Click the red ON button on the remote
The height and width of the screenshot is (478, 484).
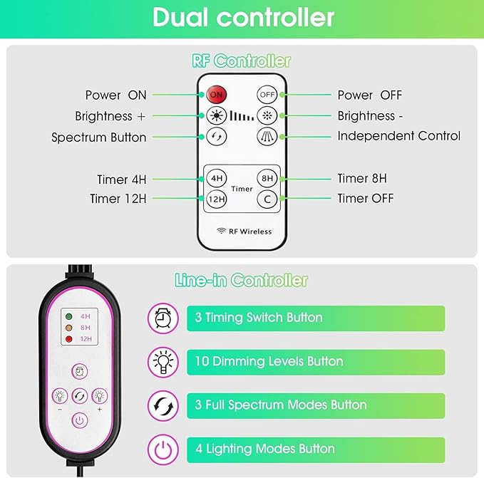click(216, 94)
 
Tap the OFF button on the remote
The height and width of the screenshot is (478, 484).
click(267, 94)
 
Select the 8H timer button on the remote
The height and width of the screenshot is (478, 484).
click(267, 179)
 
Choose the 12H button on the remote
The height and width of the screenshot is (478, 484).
click(216, 199)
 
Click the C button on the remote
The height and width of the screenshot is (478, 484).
click(267, 199)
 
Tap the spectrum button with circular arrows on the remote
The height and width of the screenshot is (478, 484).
click(216, 137)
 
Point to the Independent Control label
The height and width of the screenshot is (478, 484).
click(398, 136)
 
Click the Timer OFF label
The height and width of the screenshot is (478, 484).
click(365, 199)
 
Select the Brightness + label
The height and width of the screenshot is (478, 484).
click(110, 116)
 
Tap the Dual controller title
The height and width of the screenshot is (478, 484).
click(242, 17)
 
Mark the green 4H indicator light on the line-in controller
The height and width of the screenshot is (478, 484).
click(69, 316)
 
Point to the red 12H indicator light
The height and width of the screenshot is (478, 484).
click(69, 339)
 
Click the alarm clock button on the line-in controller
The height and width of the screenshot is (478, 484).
click(79, 371)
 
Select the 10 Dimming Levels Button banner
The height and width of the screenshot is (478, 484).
click(315, 362)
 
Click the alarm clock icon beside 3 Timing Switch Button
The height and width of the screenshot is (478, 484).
click(163, 318)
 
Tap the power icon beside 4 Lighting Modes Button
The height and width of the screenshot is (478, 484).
click(163, 450)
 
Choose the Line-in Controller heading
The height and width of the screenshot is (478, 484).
click(241, 280)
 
